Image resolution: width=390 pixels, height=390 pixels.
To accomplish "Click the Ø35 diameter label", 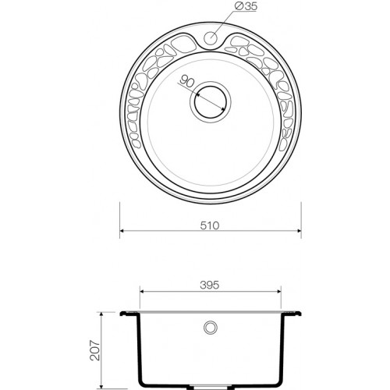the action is [x=246, y=7].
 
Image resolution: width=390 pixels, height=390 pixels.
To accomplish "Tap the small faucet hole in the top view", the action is [x=211, y=38].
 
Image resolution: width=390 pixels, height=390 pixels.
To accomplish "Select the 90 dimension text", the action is [x=186, y=81].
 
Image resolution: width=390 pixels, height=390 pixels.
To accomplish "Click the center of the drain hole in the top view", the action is [x=211, y=102].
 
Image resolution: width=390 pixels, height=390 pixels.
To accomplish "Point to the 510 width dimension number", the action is [x=210, y=225].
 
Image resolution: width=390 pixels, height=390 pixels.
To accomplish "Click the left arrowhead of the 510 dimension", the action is [x=122, y=231].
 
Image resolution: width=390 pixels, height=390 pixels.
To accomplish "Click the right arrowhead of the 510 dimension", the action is [x=299, y=231].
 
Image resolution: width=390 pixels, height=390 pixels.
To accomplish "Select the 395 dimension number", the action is [x=210, y=285].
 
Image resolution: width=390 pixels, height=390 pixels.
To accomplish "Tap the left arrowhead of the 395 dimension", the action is [x=142, y=292].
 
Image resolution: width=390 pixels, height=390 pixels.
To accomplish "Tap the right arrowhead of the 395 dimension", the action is [x=279, y=292].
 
